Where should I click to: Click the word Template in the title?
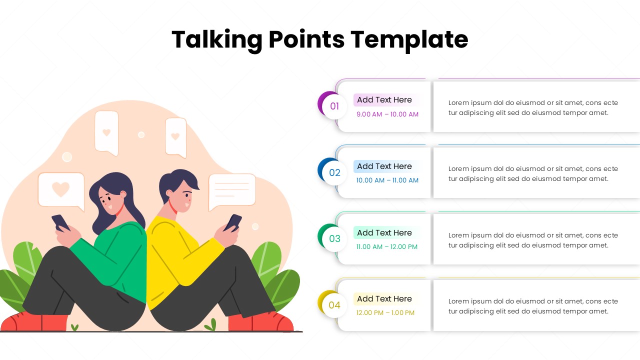[x=409, y=39]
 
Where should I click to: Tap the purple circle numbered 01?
[x=334, y=106]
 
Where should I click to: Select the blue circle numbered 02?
[x=334, y=172]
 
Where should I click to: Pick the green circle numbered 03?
[x=334, y=238]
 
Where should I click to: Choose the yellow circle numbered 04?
[x=334, y=305]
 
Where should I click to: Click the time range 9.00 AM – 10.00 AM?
[x=387, y=114]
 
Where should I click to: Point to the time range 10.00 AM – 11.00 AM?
[x=387, y=180]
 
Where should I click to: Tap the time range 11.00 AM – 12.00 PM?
[x=387, y=246]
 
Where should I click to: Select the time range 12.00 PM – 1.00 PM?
[x=385, y=313]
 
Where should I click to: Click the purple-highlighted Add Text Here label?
[x=384, y=100]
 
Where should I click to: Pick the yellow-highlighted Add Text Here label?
[x=384, y=299]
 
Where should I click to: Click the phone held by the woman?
[x=60, y=222]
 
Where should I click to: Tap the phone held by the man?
[x=233, y=221]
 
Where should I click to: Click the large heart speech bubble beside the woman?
[x=61, y=190]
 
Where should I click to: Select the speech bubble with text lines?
[x=232, y=190]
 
